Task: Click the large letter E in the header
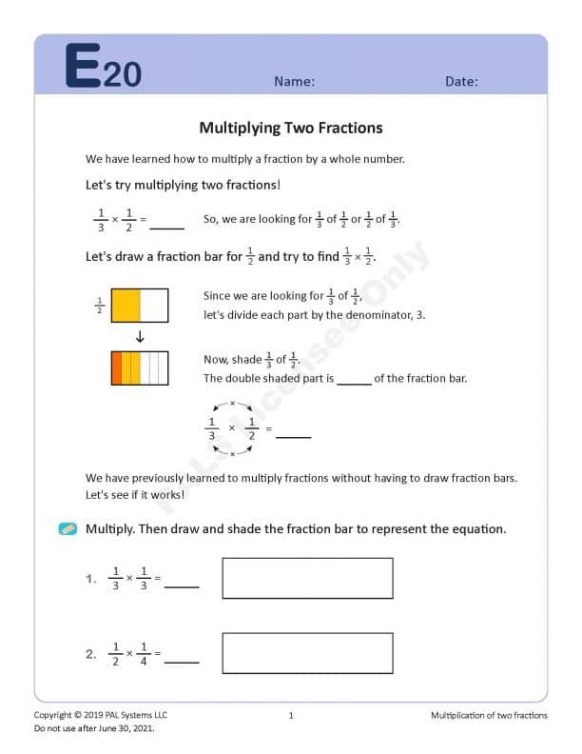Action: (x=83, y=67)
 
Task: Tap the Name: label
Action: (x=294, y=82)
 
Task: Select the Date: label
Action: (x=461, y=82)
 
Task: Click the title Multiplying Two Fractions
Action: (x=291, y=128)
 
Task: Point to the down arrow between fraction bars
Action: (x=140, y=336)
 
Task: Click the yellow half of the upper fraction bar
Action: (x=126, y=305)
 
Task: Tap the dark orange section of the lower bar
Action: (x=116, y=367)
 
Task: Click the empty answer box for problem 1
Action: (x=307, y=578)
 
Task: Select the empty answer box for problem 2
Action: (x=307, y=653)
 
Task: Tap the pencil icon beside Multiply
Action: (x=68, y=528)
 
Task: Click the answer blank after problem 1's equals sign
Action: (x=182, y=584)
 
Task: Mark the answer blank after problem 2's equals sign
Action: (x=182, y=659)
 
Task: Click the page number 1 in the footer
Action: (x=291, y=715)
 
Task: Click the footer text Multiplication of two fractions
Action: (x=489, y=715)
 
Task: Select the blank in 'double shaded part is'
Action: (x=354, y=382)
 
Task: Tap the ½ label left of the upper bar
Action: (x=100, y=305)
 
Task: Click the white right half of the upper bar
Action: (x=154, y=305)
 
